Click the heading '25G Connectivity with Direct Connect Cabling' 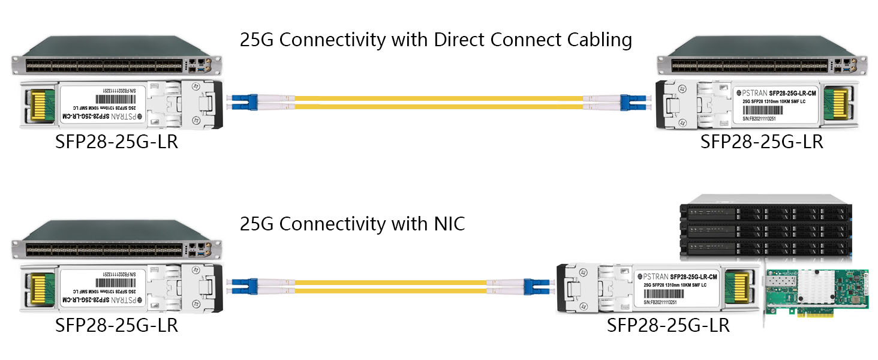click(435, 40)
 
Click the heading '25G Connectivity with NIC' click(352, 224)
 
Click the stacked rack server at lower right click(765, 228)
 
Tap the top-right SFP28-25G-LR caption click(762, 142)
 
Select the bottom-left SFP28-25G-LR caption click(116, 325)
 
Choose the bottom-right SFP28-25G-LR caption click(668, 325)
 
